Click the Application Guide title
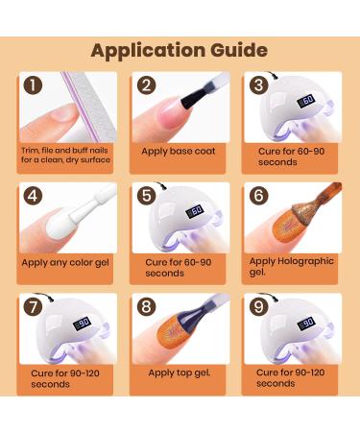pos(180,49)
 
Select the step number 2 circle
pos(147,86)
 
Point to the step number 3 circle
pos(257,86)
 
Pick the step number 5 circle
pos(147,198)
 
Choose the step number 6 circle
pos(257,198)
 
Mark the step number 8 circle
pos(147,309)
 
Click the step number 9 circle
pos(257,309)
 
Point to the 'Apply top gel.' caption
pos(179,372)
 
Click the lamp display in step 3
pos(307,99)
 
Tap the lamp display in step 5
pos(195,210)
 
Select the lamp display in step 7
pos(84,324)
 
